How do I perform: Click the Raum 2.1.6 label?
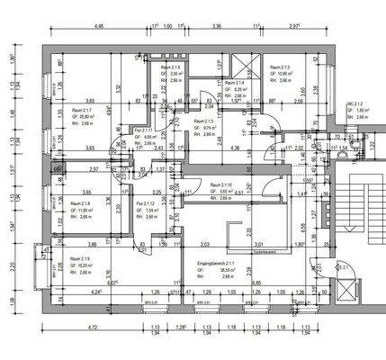170,67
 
